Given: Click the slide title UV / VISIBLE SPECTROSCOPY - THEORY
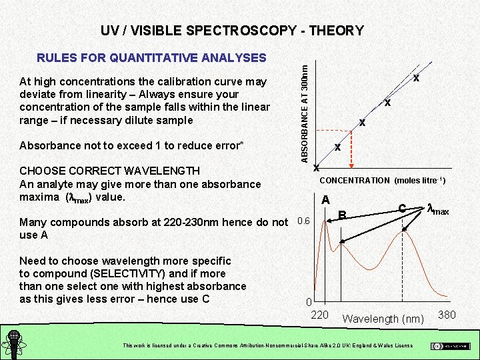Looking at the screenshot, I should (x=232, y=31).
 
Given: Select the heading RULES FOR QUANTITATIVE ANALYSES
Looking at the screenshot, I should (x=151, y=59).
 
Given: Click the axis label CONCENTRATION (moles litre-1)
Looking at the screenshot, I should (x=383, y=181).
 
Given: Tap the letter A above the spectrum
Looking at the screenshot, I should (x=325, y=200).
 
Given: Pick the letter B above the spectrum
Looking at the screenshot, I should (x=343, y=215).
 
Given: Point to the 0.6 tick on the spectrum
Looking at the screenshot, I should (x=303, y=221).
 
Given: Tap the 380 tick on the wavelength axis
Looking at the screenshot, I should (x=447, y=315).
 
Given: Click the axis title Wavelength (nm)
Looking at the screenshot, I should (x=383, y=319).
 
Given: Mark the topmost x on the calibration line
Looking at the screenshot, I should (x=416, y=79).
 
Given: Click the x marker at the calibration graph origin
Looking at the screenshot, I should (x=316, y=167).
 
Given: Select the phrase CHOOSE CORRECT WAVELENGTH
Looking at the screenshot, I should (x=109, y=171).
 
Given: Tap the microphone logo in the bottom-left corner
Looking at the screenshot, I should (x=13, y=343).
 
